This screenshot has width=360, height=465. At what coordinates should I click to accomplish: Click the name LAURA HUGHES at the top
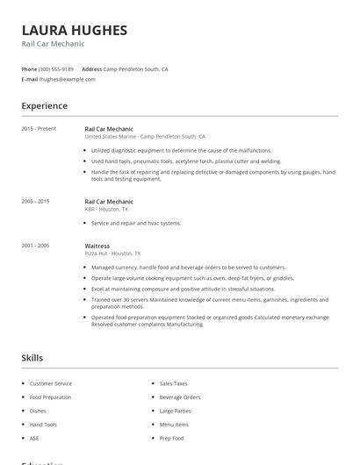point(74,30)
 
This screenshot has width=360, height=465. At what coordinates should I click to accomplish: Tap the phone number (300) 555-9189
point(56,68)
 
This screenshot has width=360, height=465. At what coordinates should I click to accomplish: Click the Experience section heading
point(44,106)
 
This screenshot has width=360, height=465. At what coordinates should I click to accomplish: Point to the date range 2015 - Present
point(39,129)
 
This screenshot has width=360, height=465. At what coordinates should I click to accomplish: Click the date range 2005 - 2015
point(35,202)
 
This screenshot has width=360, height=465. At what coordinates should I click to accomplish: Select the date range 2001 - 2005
point(35,247)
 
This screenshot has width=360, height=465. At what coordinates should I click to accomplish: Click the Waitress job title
point(97,247)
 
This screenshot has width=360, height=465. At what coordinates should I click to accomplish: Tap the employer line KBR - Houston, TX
point(106,210)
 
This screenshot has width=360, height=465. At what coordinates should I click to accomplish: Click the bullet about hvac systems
point(136,224)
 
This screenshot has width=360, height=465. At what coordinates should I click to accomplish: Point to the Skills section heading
point(32,358)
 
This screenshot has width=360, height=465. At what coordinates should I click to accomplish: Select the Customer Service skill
point(51,383)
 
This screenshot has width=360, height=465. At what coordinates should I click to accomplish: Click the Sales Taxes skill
point(173,383)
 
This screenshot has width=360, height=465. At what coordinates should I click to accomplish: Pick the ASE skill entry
point(34,438)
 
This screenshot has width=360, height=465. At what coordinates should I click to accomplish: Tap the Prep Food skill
point(172,438)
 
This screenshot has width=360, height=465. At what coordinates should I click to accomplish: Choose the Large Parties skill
point(175,411)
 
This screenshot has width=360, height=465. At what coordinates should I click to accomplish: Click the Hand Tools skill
point(43,425)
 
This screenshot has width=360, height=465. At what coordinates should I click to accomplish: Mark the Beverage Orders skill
point(179,397)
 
